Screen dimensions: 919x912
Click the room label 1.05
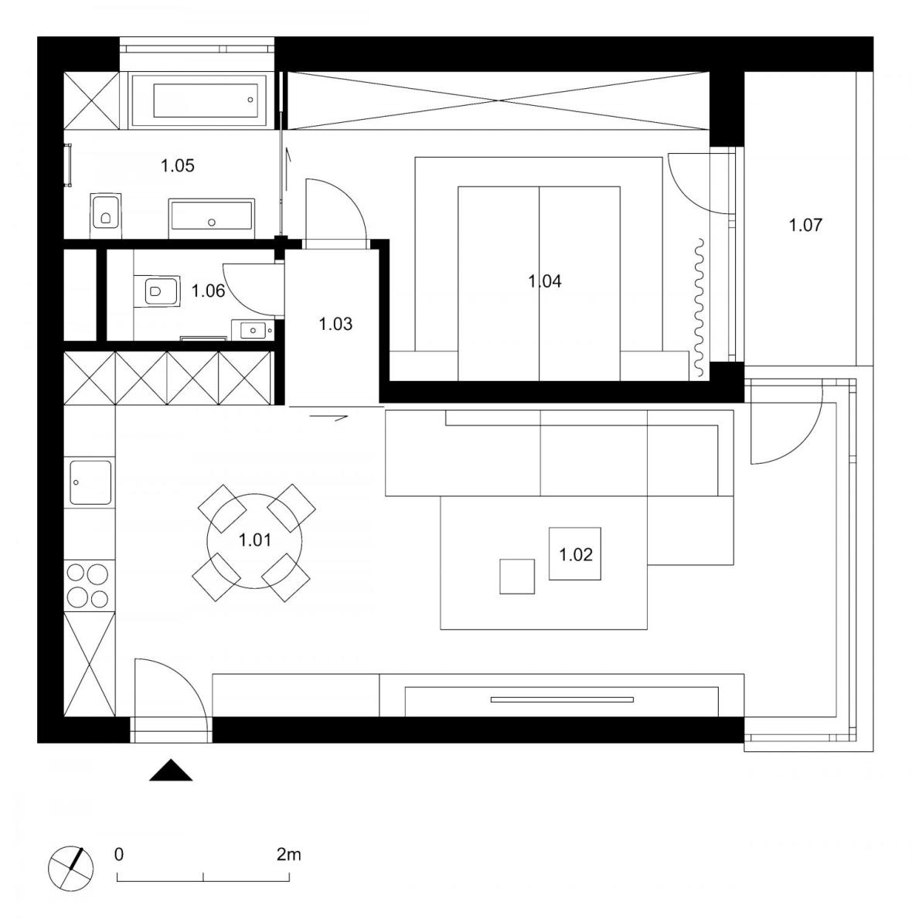177,165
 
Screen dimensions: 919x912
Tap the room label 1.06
208,291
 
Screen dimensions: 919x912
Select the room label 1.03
335,324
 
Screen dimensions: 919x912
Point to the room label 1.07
805,226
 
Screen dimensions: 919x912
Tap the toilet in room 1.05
106,211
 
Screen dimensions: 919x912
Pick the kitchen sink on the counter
90,482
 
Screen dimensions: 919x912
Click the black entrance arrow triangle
170,771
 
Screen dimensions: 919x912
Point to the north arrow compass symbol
71,867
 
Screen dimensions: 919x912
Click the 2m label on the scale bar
288,855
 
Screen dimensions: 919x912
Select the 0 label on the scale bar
118,855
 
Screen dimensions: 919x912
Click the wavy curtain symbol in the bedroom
699,307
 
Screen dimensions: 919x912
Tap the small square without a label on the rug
517,577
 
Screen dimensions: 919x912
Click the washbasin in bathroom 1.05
211,216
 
